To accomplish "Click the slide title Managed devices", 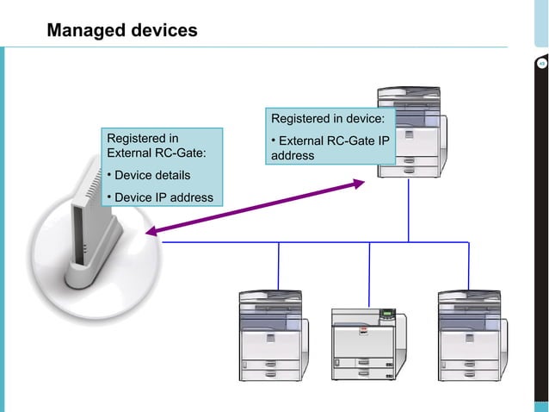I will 121,31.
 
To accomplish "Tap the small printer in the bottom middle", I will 368,341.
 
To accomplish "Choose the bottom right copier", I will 469,336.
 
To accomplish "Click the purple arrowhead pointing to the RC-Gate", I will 152,231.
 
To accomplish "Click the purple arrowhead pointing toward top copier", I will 360,182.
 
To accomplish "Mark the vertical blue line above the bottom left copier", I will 279,265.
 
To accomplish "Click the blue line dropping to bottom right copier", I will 469,265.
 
